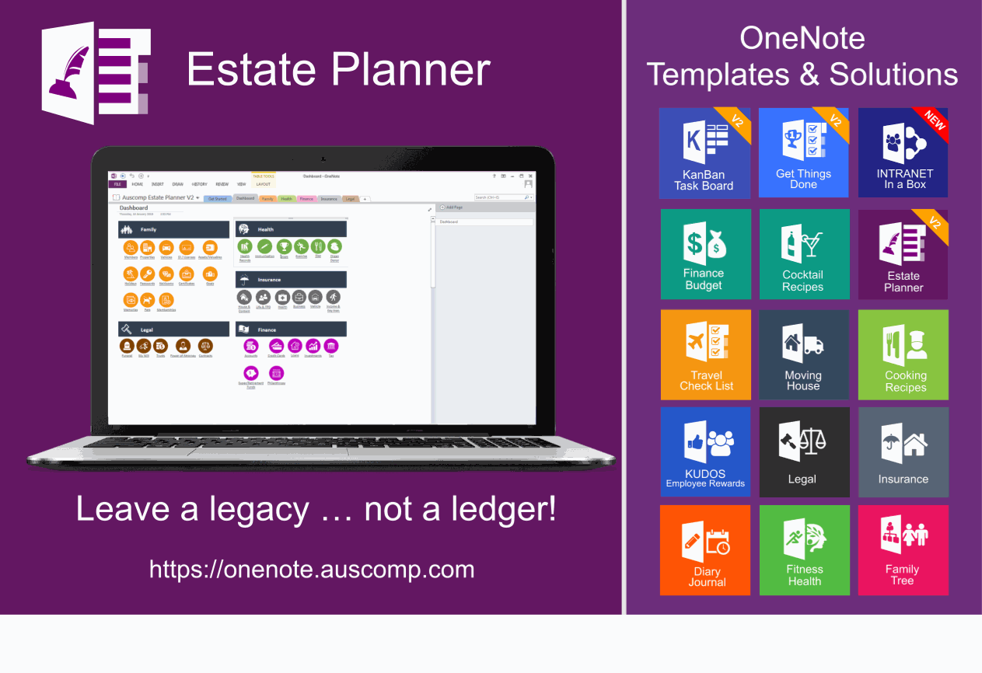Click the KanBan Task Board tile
tap(704, 154)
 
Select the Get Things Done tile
tap(803, 154)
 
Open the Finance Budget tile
tap(705, 254)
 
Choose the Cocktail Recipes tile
tap(803, 254)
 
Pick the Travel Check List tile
tap(705, 355)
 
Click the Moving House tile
tap(803, 355)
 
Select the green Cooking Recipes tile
tap(903, 355)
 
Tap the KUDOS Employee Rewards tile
tap(705, 452)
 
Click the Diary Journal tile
tap(705, 550)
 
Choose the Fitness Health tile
tap(804, 550)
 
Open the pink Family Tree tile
tap(903, 550)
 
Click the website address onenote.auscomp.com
tap(312, 569)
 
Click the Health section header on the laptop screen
tap(291, 229)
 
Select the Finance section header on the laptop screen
tap(291, 330)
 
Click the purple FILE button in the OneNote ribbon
tap(117, 184)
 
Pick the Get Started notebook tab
tap(218, 199)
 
